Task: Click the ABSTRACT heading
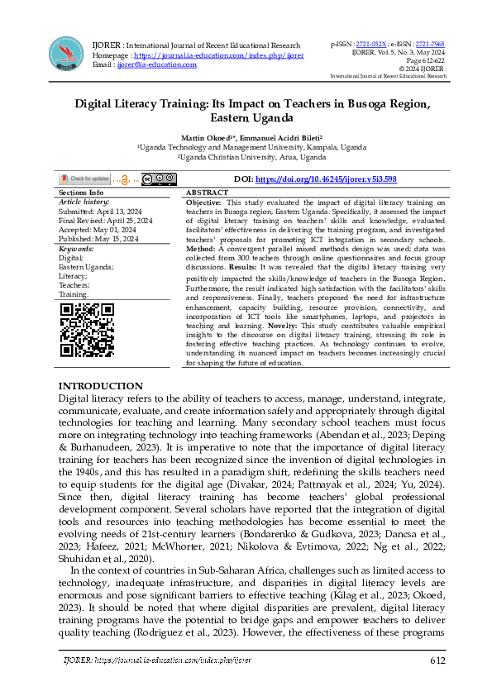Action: pyautogui.click(x=208, y=192)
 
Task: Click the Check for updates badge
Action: pyautogui.click(x=84, y=179)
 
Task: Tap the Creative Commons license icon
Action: pyautogui.click(x=159, y=179)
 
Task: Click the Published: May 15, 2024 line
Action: pyautogui.click(x=100, y=239)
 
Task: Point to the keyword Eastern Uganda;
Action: pyautogui.click(x=87, y=267)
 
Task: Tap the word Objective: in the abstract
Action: pyautogui.click(x=203, y=202)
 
